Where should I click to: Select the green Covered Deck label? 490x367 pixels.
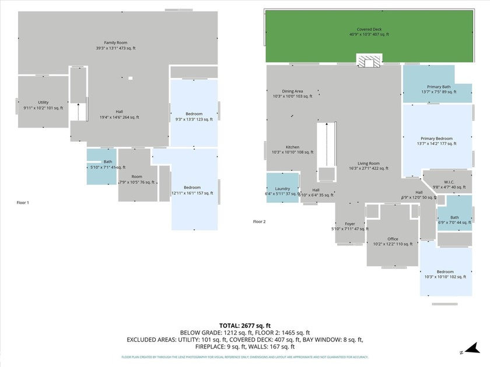369,31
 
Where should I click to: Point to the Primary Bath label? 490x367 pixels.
438,89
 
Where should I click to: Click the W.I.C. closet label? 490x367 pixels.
449,184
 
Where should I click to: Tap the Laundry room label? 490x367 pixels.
282,191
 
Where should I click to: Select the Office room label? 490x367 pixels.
392,241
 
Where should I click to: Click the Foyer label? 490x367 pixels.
350,226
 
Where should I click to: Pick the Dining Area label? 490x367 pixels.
292,94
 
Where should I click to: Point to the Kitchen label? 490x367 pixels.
292,149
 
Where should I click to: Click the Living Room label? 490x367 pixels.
368,166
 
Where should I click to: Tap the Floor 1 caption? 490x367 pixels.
23,202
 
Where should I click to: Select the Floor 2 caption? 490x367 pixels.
259,221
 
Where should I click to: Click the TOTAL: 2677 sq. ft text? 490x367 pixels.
244,326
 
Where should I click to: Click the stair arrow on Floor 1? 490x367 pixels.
78,111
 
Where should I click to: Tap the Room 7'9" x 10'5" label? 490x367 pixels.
136,179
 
